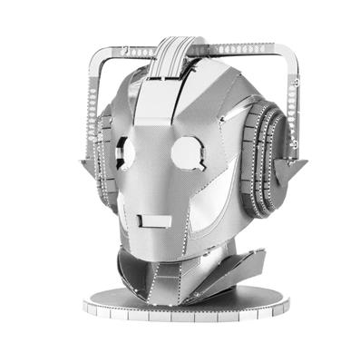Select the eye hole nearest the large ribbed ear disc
(186, 151)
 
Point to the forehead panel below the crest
(163, 104)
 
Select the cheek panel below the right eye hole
(195, 195)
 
